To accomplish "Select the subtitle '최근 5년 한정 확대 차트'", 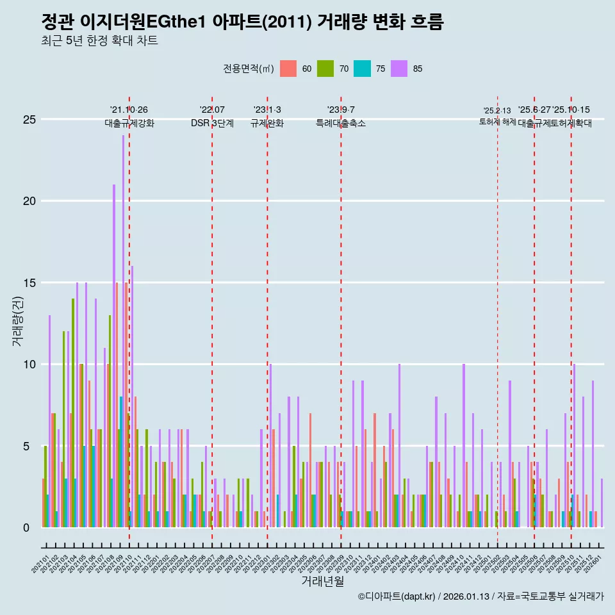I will (99, 41).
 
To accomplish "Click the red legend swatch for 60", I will (288, 69).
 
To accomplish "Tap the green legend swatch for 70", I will (325, 69).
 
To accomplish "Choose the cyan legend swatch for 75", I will (362, 69).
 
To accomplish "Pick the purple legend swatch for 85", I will (399, 69).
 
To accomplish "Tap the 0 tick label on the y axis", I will (26, 528).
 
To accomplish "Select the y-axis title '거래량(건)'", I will (17, 323).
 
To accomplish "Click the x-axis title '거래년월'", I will (323, 582).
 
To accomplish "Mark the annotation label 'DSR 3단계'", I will (212, 123).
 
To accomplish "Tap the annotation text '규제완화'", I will (267, 123).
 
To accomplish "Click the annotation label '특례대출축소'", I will (341, 123).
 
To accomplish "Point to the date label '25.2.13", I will (497, 111).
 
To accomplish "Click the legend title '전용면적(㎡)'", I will (249, 69).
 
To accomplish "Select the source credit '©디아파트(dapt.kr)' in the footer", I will (397, 596).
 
